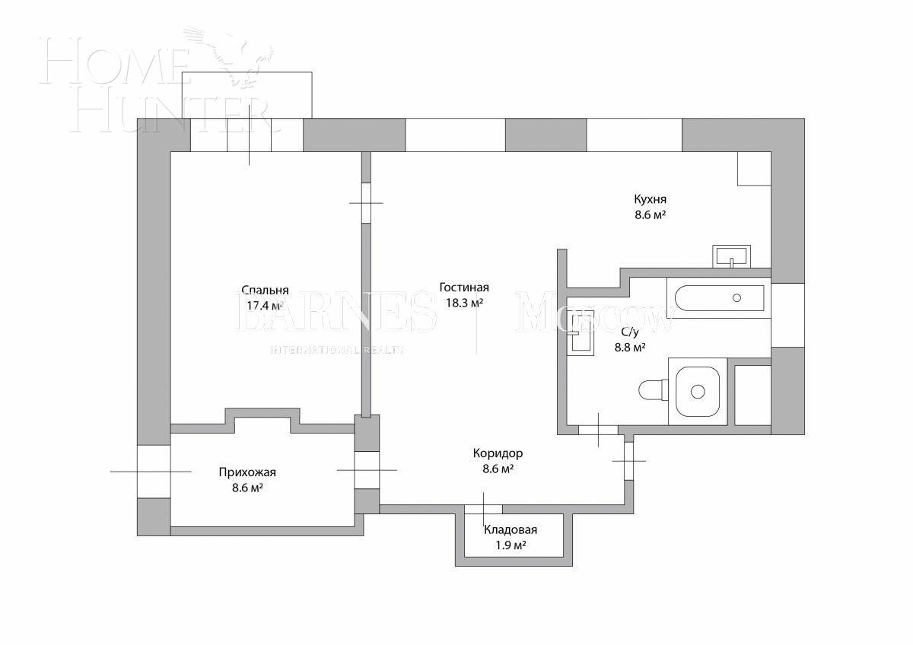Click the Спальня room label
pos(265,291)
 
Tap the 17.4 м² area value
pos(265,306)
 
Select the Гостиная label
pos(463,288)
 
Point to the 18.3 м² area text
pos(463,303)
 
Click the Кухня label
pos(650,199)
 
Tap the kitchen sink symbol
pos(731,256)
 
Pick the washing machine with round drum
pos(697,392)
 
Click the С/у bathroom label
pos(630,332)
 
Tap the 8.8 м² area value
pos(630,348)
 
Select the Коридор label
pos(498,453)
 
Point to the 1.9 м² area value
pos(511,545)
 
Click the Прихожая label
pos(247,472)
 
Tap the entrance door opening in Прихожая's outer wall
pos(153,472)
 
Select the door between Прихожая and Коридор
pos(367,470)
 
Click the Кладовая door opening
pos(482,509)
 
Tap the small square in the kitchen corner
pos(754,168)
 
